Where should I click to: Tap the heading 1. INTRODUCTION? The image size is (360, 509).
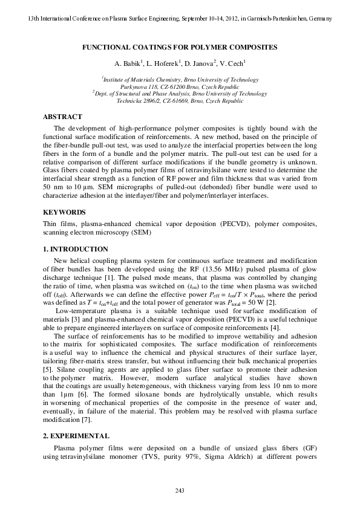click(75, 249)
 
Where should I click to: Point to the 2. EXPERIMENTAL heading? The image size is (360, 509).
click(76, 435)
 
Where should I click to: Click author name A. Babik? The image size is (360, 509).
click(126, 63)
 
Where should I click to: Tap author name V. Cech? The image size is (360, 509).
click(232, 63)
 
